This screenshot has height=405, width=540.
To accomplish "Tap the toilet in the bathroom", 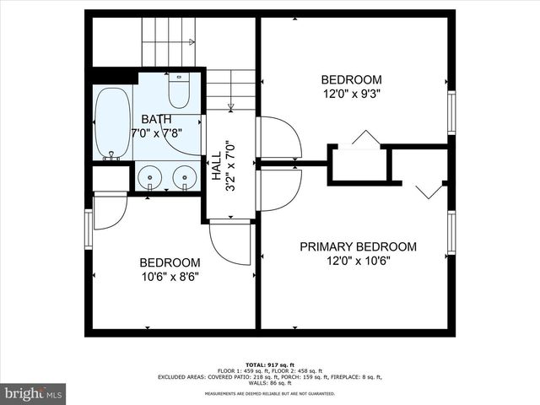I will coord(179,88).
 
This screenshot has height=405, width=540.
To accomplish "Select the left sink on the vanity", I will coord(150,177).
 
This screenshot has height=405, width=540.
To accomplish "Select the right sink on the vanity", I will coord(184,177).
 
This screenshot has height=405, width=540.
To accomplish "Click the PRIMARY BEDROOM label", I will coord(359,246).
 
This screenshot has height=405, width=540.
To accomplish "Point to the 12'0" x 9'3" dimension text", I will coord(351,94).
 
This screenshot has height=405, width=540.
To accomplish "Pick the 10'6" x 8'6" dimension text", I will coord(170,276).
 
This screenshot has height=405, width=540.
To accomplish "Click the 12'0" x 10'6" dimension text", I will coord(359,261).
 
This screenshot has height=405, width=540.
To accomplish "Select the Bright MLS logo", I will coord(34,393).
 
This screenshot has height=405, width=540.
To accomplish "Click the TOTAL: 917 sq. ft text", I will coord(270,363).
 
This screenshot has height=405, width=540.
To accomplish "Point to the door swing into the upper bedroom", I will coord(278,138).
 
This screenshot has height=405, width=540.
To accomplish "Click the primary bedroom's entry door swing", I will coord(278,188).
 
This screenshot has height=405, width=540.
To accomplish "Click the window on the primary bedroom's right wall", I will coord(451,232).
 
